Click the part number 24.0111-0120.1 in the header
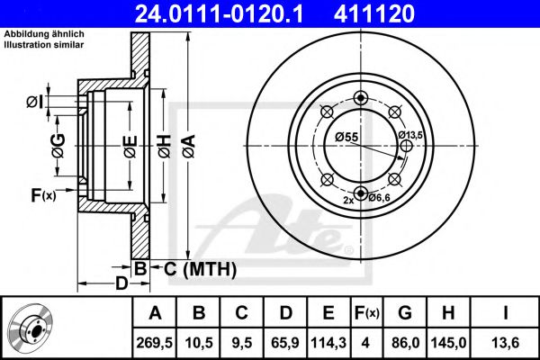tap(220, 13)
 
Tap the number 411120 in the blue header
tap(374, 13)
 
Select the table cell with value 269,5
tap(155, 343)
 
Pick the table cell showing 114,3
tap(328, 343)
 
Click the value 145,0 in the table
tap(448, 343)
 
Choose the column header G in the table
tap(405, 313)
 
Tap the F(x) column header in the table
tap(366, 313)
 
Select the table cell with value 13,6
tap(505, 343)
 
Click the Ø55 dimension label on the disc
tap(346, 137)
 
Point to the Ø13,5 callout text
tap(410, 135)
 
